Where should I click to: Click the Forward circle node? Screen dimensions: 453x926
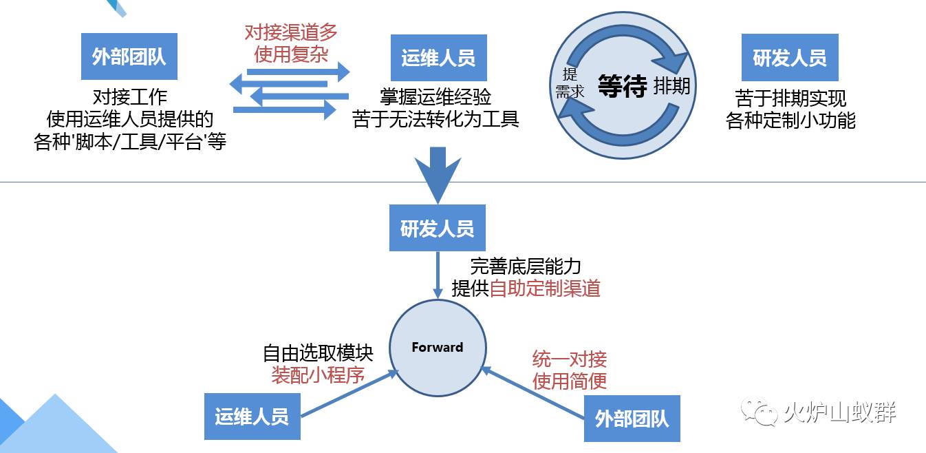(438, 347)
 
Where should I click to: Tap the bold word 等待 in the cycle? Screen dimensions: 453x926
(622, 87)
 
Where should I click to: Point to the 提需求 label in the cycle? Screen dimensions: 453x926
(570, 83)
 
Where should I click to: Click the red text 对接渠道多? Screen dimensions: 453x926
(291, 32)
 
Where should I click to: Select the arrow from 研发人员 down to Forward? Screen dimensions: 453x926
(438, 275)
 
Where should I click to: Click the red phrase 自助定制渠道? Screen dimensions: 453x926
(545, 288)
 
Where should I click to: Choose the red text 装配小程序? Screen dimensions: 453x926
(317, 375)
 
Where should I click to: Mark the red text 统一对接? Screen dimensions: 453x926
(570, 359)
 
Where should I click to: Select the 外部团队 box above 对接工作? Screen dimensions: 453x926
(129, 56)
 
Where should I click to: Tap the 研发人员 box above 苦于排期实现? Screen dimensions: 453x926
(790, 58)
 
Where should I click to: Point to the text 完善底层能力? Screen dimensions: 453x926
(526, 267)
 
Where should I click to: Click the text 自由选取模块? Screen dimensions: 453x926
(318, 354)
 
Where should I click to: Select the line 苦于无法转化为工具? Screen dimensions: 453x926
(435, 119)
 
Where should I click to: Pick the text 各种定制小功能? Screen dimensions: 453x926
(790, 120)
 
